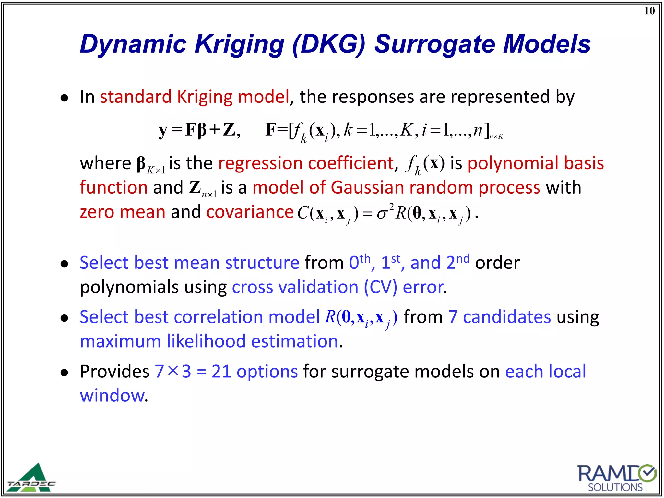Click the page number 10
(x=649, y=11)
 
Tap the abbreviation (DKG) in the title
(x=329, y=44)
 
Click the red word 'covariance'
(x=250, y=212)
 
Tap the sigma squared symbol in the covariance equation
(x=385, y=213)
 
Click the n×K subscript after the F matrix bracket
(x=496, y=136)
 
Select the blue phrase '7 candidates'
(x=499, y=317)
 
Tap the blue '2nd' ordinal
(x=457, y=262)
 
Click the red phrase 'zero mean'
(x=123, y=212)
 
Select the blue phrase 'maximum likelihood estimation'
(x=209, y=342)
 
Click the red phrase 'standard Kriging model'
(x=195, y=97)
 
